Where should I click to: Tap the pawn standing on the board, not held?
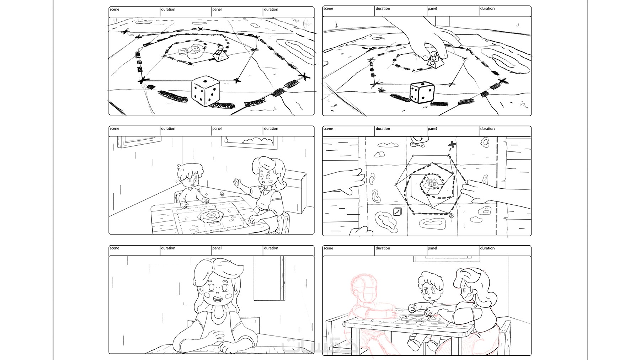pos(220,53)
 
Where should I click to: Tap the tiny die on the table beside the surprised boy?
pos(222,194)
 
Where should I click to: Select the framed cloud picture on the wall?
pos(250,141)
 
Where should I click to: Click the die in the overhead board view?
pos(397,212)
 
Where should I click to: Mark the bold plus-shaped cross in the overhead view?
pos(452,145)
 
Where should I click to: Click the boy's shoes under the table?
pos(421,344)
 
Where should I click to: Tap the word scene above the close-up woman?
pos(114,248)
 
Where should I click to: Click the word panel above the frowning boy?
pos(432,248)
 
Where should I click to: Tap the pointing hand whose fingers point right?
pos(350,181)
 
